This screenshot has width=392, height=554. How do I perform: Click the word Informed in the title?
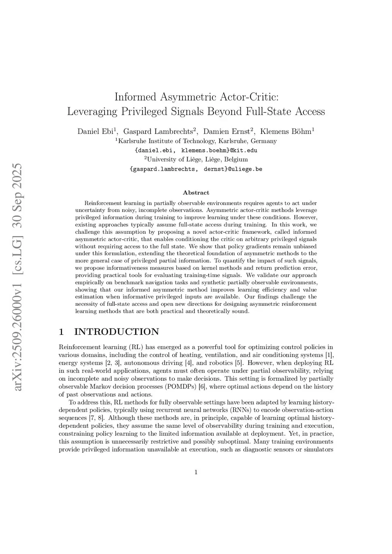pyautogui.click(x=135, y=96)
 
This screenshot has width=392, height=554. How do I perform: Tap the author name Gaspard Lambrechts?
pyautogui.click(x=158, y=132)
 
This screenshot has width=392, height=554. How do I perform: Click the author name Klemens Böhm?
pyautogui.click(x=286, y=132)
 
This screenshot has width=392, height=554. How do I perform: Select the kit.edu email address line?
pyautogui.click(x=196, y=150)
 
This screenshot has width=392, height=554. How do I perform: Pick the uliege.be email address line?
pyautogui.click(x=196, y=169)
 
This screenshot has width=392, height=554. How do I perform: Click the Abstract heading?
pyautogui.click(x=196, y=193)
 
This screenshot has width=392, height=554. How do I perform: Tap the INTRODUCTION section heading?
pyautogui.click(x=116, y=332)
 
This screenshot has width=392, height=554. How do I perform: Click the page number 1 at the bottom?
pyautogui.click(x=196, y=472)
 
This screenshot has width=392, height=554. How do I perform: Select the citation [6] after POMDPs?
pyautogui.click(x=202, y=386)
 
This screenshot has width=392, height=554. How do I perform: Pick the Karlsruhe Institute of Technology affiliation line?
pyautogui.click(x=196, y=141)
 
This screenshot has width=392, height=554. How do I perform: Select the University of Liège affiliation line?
pyautogui.click(x=196, y=159)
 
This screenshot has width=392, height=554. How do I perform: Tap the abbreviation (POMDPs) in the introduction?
pyautogui.click(x=181, y=386)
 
